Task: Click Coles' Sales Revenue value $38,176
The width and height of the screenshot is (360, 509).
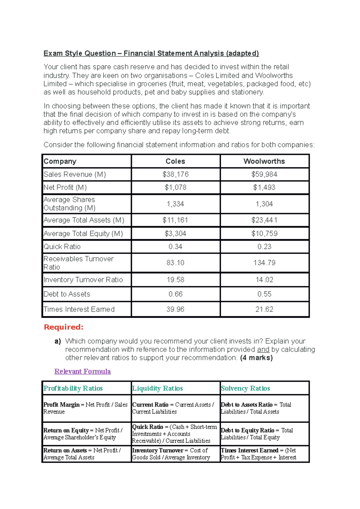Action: [175, 174]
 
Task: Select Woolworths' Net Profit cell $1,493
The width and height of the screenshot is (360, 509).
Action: [264, 188]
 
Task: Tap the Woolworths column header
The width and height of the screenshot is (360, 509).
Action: [264, 161]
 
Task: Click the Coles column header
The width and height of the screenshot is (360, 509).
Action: [175, 161]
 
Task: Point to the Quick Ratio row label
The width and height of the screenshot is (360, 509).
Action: [62, 247]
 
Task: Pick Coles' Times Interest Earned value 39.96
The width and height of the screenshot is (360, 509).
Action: [175, 309]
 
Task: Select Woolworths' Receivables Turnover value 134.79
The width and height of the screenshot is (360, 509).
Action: [264, 263]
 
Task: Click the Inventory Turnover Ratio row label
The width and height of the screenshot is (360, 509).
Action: [83, 280]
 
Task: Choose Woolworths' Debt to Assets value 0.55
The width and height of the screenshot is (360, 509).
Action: [264, 294]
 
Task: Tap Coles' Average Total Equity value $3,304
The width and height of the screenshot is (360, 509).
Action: [175, 234]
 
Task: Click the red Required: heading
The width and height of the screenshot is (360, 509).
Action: [64, 327]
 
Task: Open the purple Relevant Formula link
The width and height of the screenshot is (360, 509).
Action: [82, 371]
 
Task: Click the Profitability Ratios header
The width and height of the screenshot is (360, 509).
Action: [73, 388]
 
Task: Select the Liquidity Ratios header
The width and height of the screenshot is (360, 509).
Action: [157, 388]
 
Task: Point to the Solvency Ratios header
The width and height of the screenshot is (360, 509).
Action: [245, 388]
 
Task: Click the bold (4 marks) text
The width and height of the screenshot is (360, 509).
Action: [256, 358]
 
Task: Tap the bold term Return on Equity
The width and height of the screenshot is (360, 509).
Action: [66, 430]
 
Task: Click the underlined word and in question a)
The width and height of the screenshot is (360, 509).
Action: [263, 350]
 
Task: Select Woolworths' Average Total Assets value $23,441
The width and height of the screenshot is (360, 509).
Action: [264, 220]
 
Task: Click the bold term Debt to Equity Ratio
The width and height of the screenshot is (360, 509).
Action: [247, 430]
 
